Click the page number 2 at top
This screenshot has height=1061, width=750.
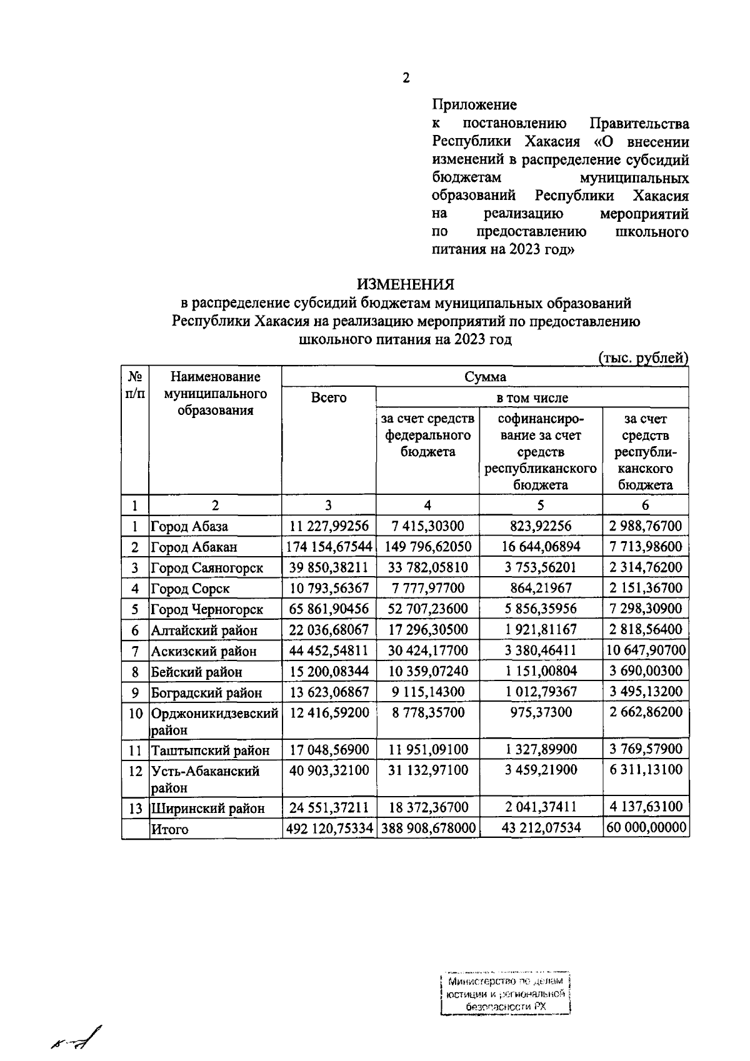tap(406, 78)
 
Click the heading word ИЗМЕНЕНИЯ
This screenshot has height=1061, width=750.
tap(406, 284)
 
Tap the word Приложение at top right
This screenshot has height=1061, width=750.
tap(474, 104)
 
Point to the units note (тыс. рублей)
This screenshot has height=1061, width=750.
tap(643, 358)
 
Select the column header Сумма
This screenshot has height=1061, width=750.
tap(485, 377)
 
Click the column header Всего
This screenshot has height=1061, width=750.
tap(329, 398)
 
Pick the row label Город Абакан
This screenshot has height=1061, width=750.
tap(194, 547)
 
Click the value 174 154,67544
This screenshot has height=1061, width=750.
tap(329, 547)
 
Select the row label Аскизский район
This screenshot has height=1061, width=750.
tap(204, 651)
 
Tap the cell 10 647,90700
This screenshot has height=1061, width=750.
tap(646, 650)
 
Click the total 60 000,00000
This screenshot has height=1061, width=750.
tap(646, 829)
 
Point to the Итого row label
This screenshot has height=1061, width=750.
tap(169, 830)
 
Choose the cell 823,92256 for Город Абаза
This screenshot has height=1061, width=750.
tap(541, 526)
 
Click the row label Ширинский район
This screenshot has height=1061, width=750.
tap(207, 809)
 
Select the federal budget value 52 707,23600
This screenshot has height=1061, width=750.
tap(427, 609)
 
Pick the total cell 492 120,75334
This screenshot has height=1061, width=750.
tap(329, 829)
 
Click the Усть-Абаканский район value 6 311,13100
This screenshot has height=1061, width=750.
tap(646, 770)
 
